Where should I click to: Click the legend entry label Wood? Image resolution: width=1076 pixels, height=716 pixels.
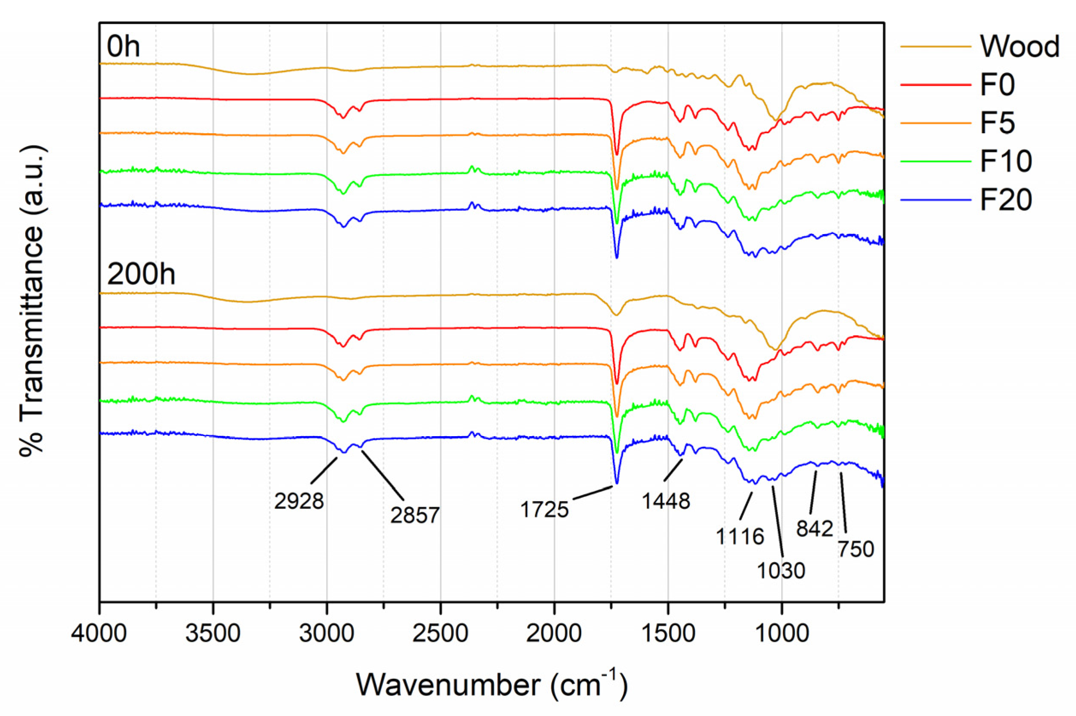pyautogui.click(x=1019, y=47)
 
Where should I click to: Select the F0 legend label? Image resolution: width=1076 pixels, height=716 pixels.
pyautogui.click(x=997, y=85)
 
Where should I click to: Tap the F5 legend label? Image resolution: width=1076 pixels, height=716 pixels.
pyautogui.click(x=997, y=123)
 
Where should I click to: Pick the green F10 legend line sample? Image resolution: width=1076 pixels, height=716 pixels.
pyautogui.click(x=935, y=161)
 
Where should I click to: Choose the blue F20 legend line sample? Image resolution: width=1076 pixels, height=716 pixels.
pyautogui.click(x=935, y=200)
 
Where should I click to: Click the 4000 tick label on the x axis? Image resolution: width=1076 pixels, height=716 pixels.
pyautogui.click(x=99, y=634)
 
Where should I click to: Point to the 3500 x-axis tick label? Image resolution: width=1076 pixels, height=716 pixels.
pyautogui.click(x=213, y=634)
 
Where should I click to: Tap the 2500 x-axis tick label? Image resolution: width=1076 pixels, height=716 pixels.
pyautogui.click(x=440, y=634)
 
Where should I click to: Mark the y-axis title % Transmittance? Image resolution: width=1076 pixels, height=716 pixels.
pyautogui.click(x=32, y=301)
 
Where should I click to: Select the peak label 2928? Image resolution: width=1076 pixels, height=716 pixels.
pyautogui.click(x=299, y=502)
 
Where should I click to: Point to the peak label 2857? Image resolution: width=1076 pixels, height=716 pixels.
pyautogui.click(x=415, y=515)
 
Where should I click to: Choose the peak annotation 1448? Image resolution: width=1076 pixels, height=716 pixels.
pyautogui.click(x=666, y=502)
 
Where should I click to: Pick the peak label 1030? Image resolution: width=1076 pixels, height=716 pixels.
pyautogui.click(x=781, y=570)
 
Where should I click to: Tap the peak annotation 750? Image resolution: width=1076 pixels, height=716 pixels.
pyautogui.click(x=856, y=549)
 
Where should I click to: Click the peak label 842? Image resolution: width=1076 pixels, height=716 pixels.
pyautogui.click(x=815, y=529)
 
